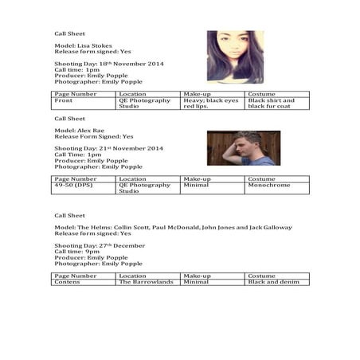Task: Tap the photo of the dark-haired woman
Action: coord(235,57)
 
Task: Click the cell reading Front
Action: coord(63,101)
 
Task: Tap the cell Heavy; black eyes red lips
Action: coord(210,104)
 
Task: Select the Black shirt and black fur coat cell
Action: coord(276,104)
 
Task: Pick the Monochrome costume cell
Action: coord(265,186)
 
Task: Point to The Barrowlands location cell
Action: coord(146,282)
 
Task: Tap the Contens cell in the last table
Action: coord(68,282)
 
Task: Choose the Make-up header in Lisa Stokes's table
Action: coord(197,94)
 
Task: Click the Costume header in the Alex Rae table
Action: coord(261,179)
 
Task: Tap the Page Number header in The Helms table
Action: coord(75,276)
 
